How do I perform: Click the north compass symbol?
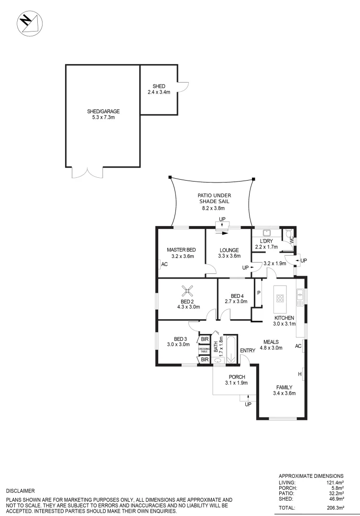(x=29, y=23)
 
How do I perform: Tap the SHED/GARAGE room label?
(x=103, y=114)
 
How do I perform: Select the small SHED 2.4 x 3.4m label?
(x=159, y=89)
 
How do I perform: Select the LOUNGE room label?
(x=229, y=253)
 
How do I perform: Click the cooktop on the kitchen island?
(x=280, y=300)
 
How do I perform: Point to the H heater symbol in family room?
(x=299, y=373)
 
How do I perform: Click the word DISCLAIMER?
(x=20, y=490)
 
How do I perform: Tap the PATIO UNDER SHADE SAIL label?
(x=212, y=202)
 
